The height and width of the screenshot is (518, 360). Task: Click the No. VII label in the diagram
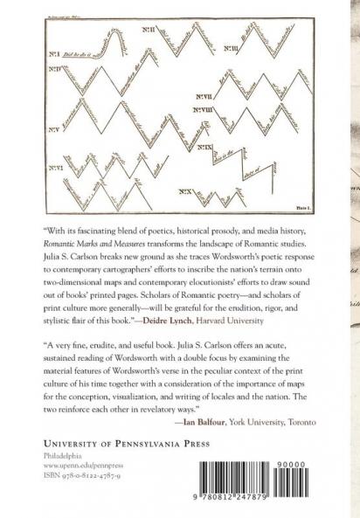point(206,95)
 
